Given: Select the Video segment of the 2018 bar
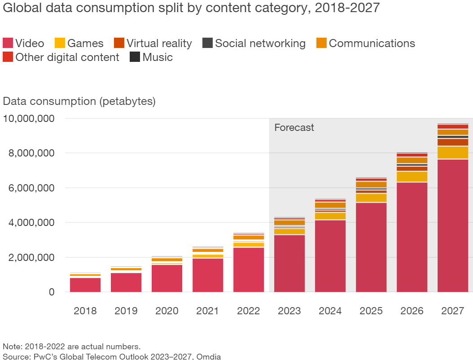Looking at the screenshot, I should [85, 285].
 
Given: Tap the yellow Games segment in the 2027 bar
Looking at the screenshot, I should [453, 153].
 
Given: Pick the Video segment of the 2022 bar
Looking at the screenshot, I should [249, 269].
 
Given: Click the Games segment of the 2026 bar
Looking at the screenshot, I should [412, 177].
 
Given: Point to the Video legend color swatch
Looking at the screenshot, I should [8, 43].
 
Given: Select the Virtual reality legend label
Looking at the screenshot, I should [159, 43].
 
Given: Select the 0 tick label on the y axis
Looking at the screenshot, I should [51, 292].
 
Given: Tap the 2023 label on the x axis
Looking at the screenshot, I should [289, 311].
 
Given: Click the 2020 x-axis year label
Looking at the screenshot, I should [167, 311].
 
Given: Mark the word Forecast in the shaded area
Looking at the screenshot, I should [294, 127].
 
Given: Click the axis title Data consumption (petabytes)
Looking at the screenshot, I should [79, 101].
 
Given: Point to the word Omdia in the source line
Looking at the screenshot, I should [210, 356].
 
